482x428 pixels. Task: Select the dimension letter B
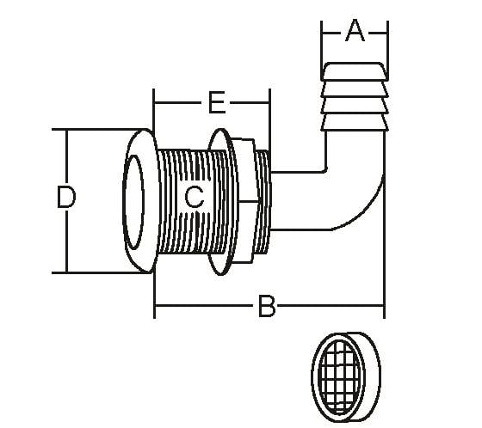point(267,306)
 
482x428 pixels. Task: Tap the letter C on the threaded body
point(195,198)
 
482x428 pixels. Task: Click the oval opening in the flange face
point(135,199)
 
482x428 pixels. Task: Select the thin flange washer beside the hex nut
point(219,202)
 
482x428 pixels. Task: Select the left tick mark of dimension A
point(322,34)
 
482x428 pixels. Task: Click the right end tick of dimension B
point(385,306)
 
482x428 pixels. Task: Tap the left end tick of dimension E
point(154,104)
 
